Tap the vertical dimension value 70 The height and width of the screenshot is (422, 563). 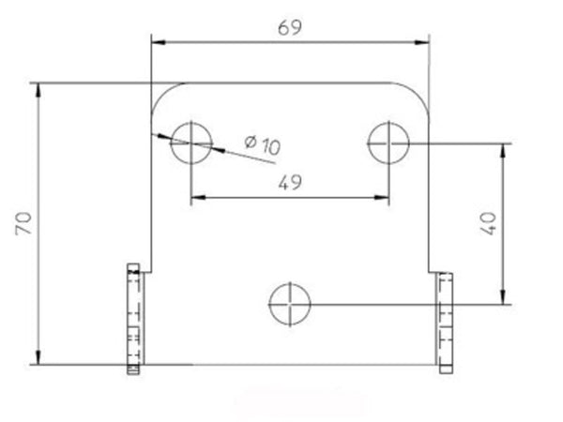click(24, 224)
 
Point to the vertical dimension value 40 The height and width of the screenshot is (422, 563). click(487, 224)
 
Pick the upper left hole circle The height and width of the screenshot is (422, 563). click(190, 143)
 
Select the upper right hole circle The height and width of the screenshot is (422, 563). click(389, 143)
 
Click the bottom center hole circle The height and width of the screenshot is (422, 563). click(290, 303)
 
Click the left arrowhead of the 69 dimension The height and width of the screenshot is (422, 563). click(158, 40)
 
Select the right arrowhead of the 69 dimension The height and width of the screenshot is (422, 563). click(423, 40)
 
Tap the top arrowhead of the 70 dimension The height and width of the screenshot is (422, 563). click(38, 89)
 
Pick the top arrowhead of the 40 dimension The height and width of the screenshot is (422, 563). click(506, 149)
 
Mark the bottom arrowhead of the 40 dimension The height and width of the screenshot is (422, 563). click(506, 297)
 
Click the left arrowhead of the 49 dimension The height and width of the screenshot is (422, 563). click(196, 197)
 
